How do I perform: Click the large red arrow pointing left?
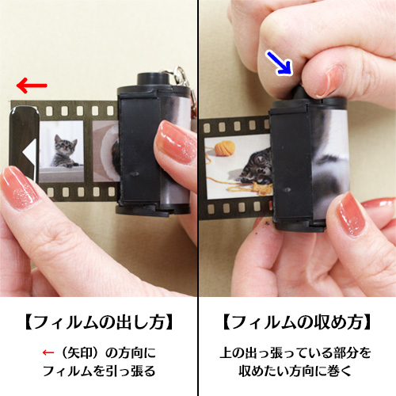31,84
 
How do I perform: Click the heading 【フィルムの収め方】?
296,322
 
